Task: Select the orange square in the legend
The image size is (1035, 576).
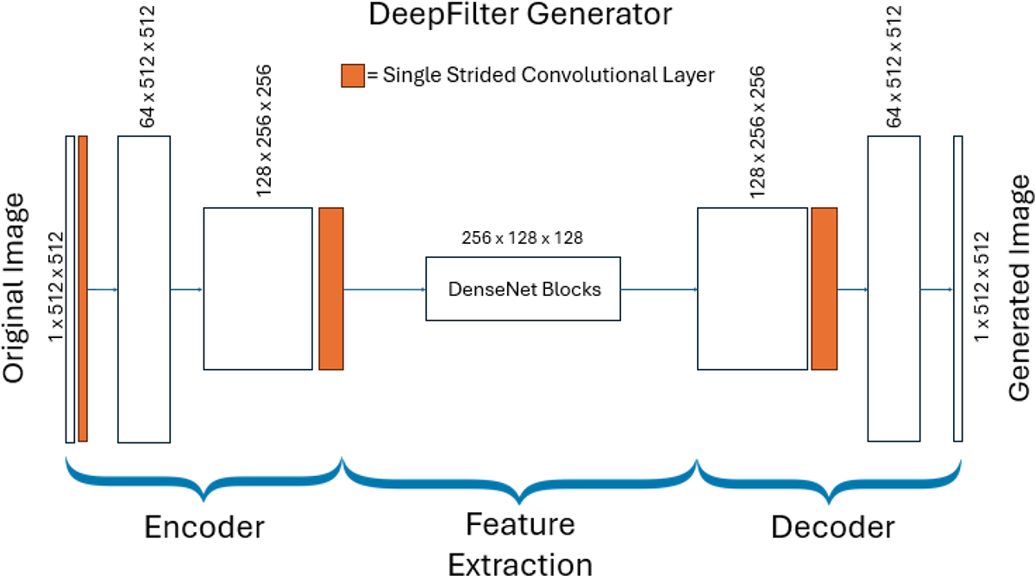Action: (353, 75)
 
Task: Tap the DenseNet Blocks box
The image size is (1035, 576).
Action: (523, 289)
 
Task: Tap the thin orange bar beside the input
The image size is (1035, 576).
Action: (83, 289)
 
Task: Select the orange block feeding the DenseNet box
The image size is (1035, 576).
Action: (331, 289)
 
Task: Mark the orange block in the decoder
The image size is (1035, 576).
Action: (824, 289)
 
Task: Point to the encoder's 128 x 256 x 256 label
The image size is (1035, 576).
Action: (265, 129)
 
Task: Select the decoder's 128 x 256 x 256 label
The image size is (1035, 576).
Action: (759, 129)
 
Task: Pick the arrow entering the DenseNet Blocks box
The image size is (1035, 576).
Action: (385, 289)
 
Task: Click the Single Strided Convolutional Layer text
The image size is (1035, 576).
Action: (541, 76)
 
